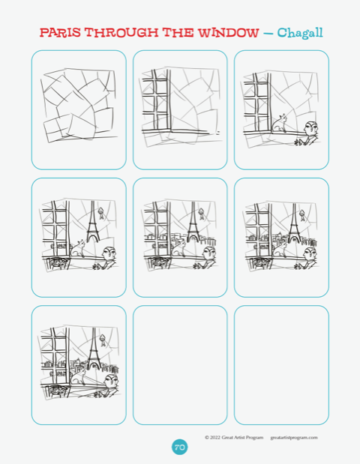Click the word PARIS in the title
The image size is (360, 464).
(60, 32)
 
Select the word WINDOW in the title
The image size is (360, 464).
(229, 32)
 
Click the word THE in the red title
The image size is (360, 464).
(178, 32)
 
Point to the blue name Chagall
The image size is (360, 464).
(300, 33)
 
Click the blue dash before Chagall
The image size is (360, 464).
(268, 34)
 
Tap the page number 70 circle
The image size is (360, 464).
(180, 447)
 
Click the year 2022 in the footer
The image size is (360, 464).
(215, 437)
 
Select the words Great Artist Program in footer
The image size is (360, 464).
(242, 437)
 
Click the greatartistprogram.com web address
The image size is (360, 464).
(294, 437)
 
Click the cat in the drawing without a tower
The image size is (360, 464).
(280, 123)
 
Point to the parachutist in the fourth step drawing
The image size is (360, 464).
(101, 213)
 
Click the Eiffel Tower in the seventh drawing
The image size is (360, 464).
(94, 349)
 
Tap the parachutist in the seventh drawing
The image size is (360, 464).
(103, 340)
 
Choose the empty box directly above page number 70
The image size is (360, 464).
(180, 365)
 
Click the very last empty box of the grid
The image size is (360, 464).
(281, 365)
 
